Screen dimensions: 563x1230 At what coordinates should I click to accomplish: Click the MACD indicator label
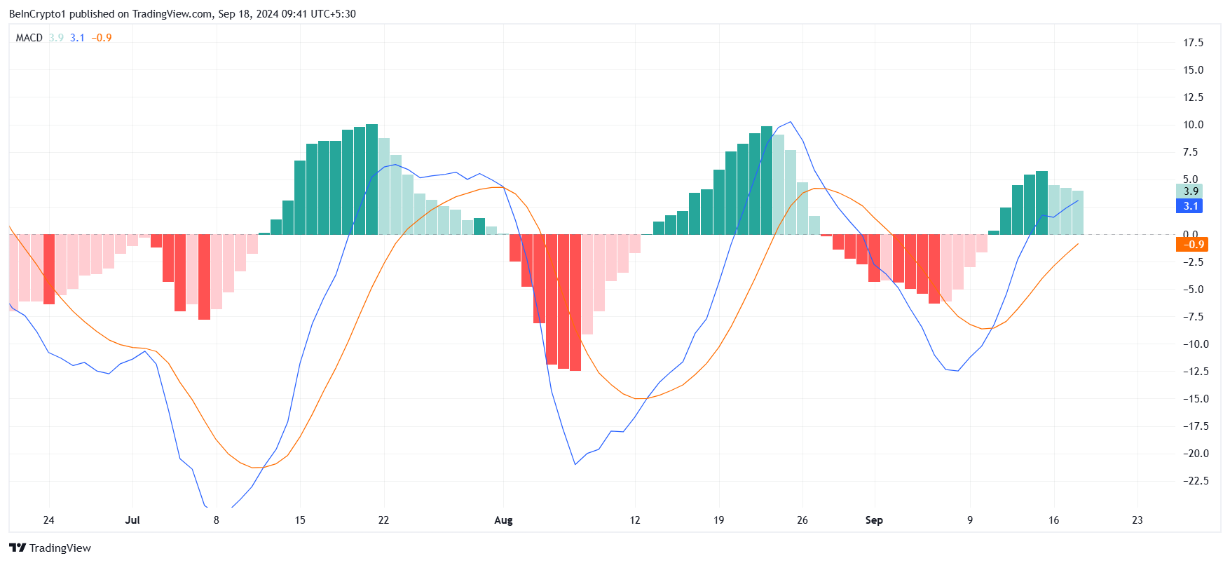29,38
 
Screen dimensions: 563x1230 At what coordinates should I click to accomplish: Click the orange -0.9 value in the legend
102,38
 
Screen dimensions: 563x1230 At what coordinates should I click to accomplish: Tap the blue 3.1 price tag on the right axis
1190,206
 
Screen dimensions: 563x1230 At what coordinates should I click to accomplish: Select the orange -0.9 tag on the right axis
1191,245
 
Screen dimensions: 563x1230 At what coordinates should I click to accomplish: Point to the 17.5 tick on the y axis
1193,43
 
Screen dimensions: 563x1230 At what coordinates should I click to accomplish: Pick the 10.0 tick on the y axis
1193,125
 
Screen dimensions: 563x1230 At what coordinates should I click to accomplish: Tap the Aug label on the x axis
503,520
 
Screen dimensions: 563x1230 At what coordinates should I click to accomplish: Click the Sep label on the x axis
874,520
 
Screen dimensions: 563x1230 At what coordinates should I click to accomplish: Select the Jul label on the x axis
132,520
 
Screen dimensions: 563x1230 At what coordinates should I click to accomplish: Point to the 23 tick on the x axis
1137,520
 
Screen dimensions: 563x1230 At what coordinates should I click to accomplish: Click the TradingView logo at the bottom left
50,548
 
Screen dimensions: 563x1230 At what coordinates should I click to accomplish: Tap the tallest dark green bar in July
371,179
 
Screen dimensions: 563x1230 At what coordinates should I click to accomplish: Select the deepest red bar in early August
575,302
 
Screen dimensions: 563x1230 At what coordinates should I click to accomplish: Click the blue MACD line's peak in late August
791,123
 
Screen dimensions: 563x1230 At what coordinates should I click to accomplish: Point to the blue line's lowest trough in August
575,464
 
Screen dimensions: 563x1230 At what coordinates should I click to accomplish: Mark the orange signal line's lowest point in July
254,468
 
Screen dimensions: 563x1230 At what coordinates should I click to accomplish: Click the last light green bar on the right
1077,212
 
